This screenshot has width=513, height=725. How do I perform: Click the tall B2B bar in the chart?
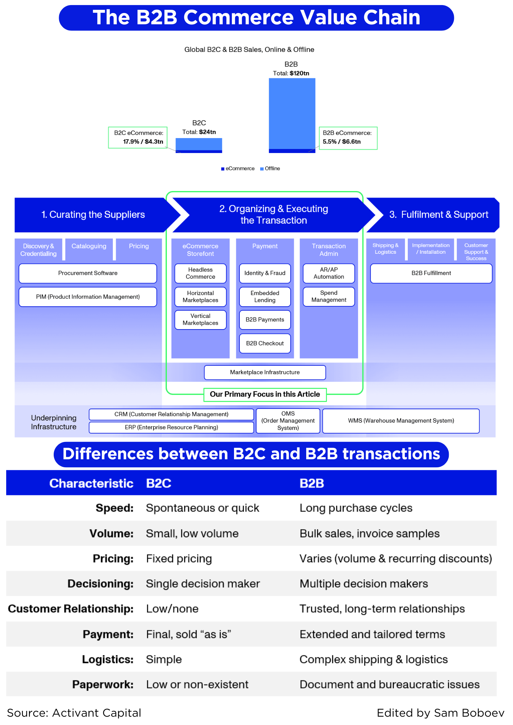[x=292, y=114]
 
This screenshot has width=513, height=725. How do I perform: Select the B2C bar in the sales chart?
[x=198, y=145]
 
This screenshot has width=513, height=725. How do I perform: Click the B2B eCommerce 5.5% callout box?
[x=348, y=138]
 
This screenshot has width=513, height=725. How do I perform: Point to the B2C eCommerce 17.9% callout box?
[x=138, y=138]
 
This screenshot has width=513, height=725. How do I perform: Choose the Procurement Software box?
[x=88, y=273]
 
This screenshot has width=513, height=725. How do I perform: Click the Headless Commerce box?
[x=200, y=273]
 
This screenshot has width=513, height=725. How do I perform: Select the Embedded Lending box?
[x=265, y=297]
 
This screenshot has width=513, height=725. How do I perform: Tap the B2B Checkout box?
[x=265, y=343]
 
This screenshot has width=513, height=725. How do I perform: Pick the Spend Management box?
[x=329, y=297]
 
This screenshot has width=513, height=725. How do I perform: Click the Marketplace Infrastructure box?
[x=265, y=372]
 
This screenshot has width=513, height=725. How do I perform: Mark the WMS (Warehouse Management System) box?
[x=401, y=421]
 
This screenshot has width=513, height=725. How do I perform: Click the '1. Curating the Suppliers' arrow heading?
[x=93, y=215]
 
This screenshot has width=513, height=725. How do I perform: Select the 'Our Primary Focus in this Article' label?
[x=265, y=394]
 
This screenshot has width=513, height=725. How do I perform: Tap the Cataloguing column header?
[x=89, y=246]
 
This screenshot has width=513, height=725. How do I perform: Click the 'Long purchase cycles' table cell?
[x=356, y=508]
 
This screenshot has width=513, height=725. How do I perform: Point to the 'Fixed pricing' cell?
[x=179, y=559]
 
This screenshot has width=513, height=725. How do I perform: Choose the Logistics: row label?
[x=108, y=659]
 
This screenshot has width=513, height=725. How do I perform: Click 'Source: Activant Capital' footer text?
[x=74, y=713]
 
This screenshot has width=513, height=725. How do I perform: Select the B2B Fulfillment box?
[x=431, y=273]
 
